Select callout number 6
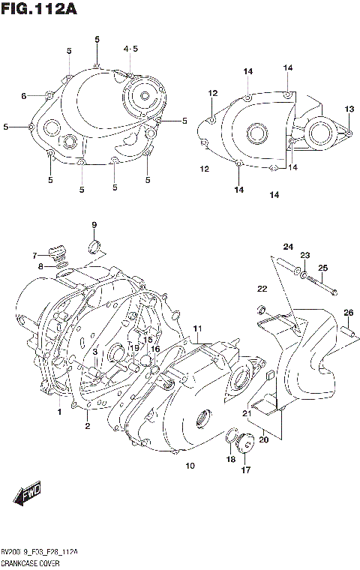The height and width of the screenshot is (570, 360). tap(24, 96)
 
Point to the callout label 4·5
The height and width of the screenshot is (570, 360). tap(130, 49)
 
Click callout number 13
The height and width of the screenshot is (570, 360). tap(349, 109)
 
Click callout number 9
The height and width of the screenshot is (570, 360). tap(94, 225)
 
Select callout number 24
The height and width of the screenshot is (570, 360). tap(288, 247)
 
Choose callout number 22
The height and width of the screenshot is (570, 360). tap(262, 289)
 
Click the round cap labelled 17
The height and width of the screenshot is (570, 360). tap(245, 451)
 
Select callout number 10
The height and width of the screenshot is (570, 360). tap(190, 466)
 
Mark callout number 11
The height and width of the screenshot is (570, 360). tap(197, 329)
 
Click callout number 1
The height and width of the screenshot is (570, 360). tap(58, 412)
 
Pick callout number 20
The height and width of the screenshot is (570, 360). tap(264, 440)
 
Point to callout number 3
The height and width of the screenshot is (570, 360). tap(95, 352)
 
